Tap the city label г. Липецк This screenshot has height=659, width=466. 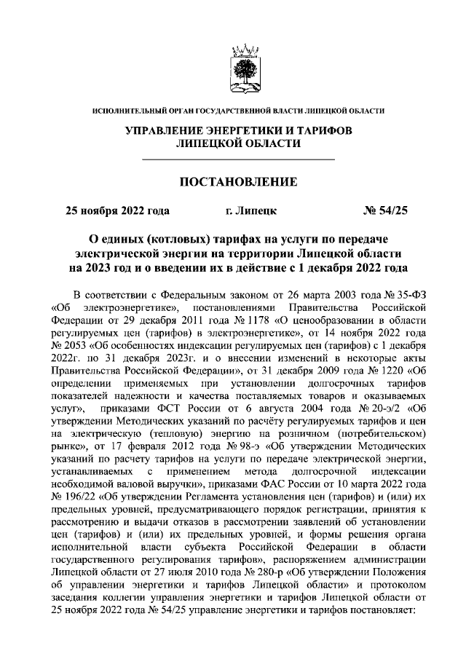[251, 212]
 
